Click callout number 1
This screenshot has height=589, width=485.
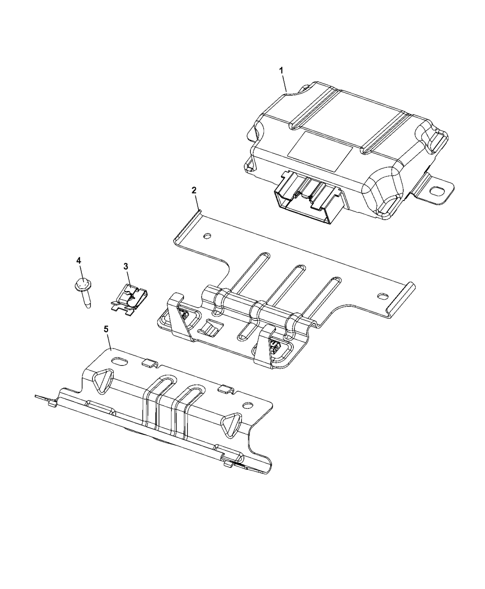[281, 70]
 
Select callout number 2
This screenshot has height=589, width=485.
[194, 190]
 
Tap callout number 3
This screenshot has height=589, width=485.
[126, 266]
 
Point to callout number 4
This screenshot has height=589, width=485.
[79, 261]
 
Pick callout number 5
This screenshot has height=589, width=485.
[106, 329]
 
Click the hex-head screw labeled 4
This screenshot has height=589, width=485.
[84, 289]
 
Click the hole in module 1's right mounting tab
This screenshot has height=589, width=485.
[436, 190]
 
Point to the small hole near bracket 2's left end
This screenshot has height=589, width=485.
[207, 236]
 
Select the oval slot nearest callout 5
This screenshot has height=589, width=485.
[121, 360]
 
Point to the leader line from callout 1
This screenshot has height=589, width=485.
[285, 83]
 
